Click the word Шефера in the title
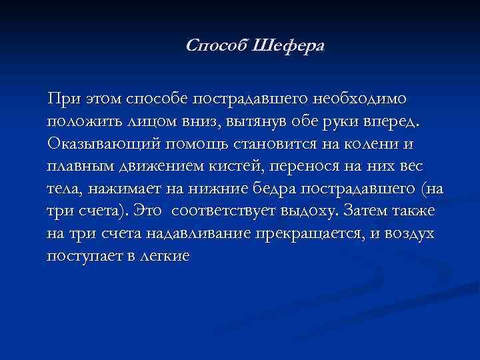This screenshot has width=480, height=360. [289, 46]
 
